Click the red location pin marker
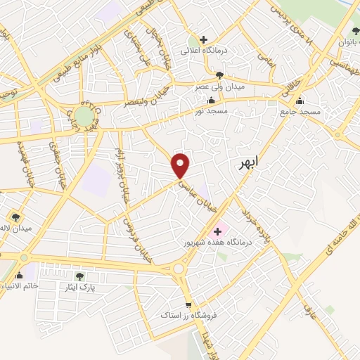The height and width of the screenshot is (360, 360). (181, 165)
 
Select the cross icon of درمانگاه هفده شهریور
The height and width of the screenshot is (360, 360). (217, 231)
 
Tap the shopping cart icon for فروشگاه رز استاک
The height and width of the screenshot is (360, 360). (188, 304)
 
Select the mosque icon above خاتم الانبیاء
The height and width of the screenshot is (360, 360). (19, 276)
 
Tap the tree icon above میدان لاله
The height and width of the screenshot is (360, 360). (15, 217)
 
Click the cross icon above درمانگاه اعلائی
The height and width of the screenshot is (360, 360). (204, 39)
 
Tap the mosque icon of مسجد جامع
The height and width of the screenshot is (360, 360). (301, 101)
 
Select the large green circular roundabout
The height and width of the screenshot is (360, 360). (85, 115)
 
